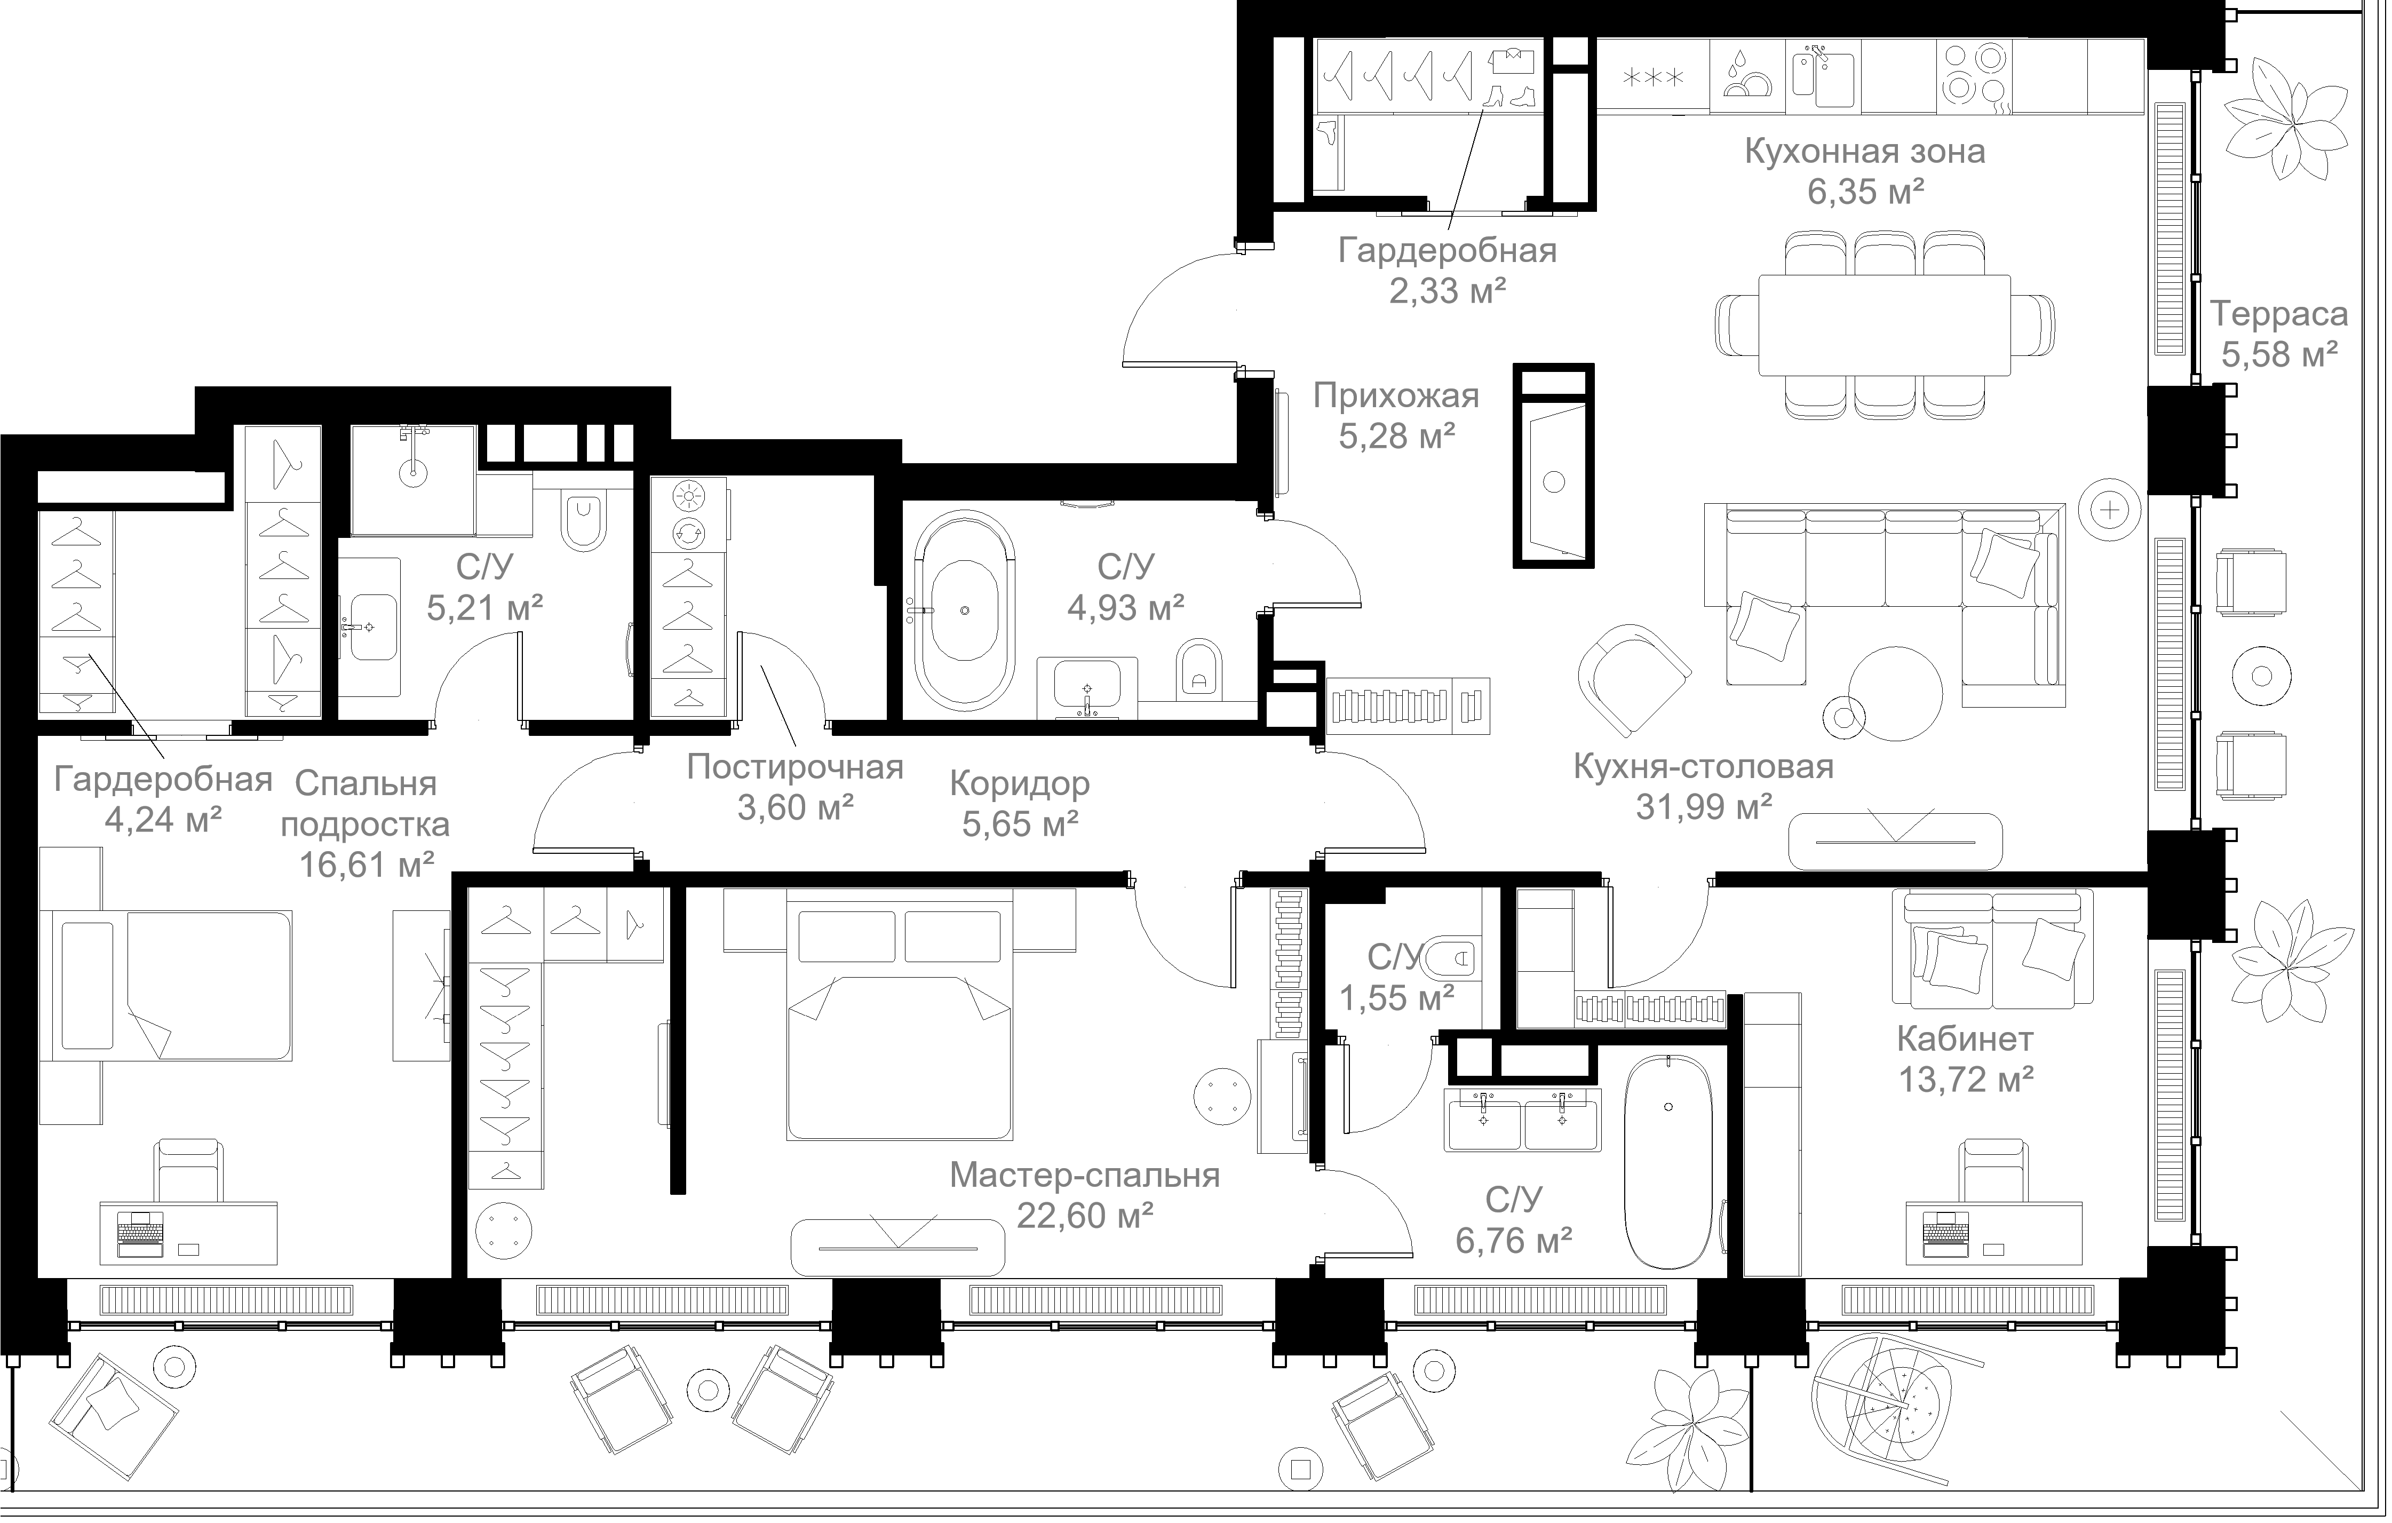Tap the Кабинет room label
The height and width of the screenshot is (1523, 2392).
pyautogui.click(x=1965, y=1039)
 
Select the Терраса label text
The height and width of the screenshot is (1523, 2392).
pyautogui.click(x=2279, y=315)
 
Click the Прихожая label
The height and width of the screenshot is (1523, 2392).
pyautogui.click(x=1396, y=396)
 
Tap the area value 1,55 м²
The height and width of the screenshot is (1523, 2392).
pyautogui.click(x=1397, y=997)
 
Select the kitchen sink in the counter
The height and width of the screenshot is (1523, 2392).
pyautogui.click(x=1823, y=75)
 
